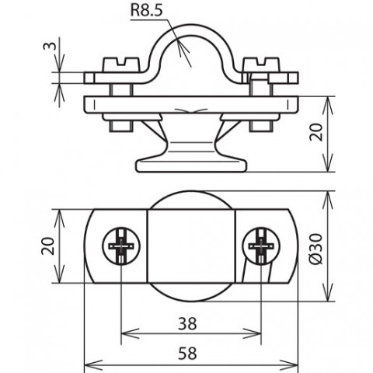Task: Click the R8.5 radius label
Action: [x=147, y=11]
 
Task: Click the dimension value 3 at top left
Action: [x=49, y=46]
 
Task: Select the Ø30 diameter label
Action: [x=316, y=249]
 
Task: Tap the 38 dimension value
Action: [x=187, y=324]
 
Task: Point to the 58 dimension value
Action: [x=187, y=353]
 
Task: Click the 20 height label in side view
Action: [x=316, y=132]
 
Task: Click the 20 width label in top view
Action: [x=48, y=246]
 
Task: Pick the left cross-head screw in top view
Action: [x=121, y=246]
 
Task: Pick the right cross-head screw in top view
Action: [x=261, y=246]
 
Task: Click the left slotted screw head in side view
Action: [x=121, y=64]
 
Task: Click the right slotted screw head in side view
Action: [x=262, y=64]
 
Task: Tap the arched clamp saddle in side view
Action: [x=191, y=30]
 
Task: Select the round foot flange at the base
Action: [x=191, y=166]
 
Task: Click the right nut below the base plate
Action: [x=261, y=126]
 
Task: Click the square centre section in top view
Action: [x=191, y=246]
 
